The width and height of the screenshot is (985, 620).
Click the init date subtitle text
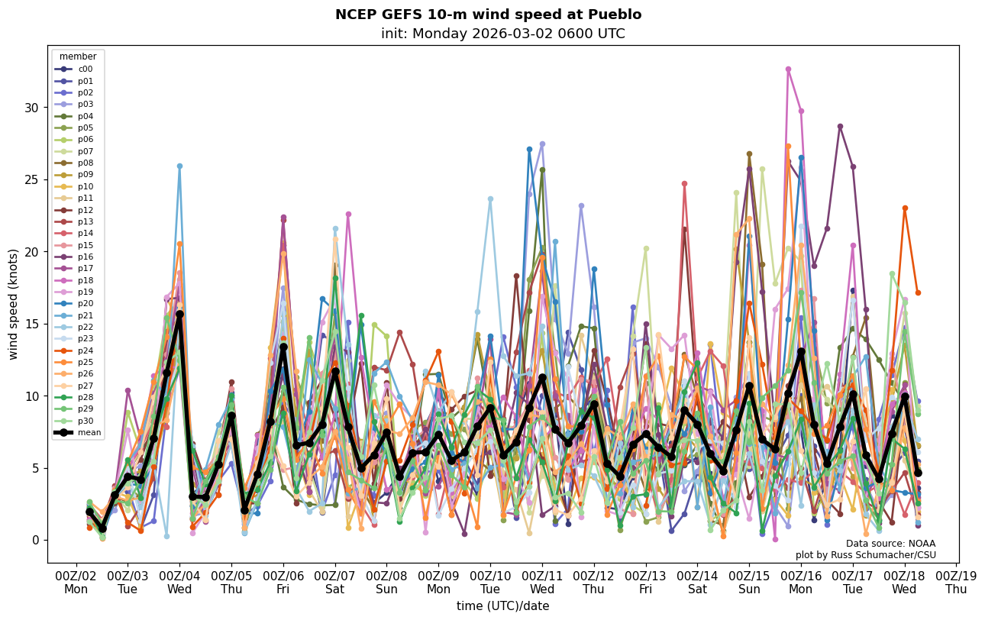(x=502, y=34)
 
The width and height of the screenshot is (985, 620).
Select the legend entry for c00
(x=85, y=69)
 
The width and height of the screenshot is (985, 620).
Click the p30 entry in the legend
(x=85, y=421)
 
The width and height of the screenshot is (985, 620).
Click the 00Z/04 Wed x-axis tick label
(x=179, y=582)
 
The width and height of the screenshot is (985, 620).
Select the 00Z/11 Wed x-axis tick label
(x=542, y=582)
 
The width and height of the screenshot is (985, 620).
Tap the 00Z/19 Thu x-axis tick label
(x=956, y=582)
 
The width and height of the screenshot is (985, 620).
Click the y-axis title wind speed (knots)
(x=14, y=304)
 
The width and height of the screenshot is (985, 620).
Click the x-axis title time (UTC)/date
(x=502, y=606)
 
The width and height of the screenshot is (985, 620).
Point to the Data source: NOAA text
(x=890, y=544)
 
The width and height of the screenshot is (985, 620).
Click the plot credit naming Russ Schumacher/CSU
(x=865, y=555)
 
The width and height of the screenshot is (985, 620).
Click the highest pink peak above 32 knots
(x=788, y=69)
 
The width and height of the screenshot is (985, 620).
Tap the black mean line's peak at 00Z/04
(x=179, y=314)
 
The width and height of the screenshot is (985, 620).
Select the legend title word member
(x=78, y=57)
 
